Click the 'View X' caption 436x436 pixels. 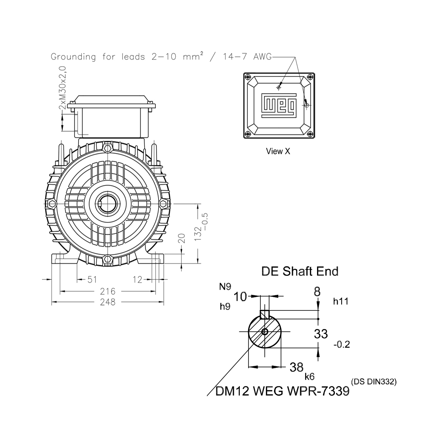(278, 151)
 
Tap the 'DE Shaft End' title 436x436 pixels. (300, 272)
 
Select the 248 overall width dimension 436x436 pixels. (107, 302)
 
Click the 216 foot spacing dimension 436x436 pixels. (107, 291)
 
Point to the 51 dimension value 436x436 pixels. (92, 279)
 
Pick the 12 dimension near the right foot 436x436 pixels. (138, 279)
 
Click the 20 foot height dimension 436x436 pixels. (182, 238)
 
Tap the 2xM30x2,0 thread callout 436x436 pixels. (63, 88)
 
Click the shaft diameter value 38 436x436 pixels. (296, 367)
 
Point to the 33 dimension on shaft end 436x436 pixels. (321, 334)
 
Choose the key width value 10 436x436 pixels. (240, 297)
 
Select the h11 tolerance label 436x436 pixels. (340, 301)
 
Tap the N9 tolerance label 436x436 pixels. (225, 287)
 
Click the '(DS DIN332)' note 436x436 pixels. (374, 382)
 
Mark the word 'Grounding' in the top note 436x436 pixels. (73, 57)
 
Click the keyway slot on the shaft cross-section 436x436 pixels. (265, 314)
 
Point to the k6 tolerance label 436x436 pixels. (310, 377)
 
